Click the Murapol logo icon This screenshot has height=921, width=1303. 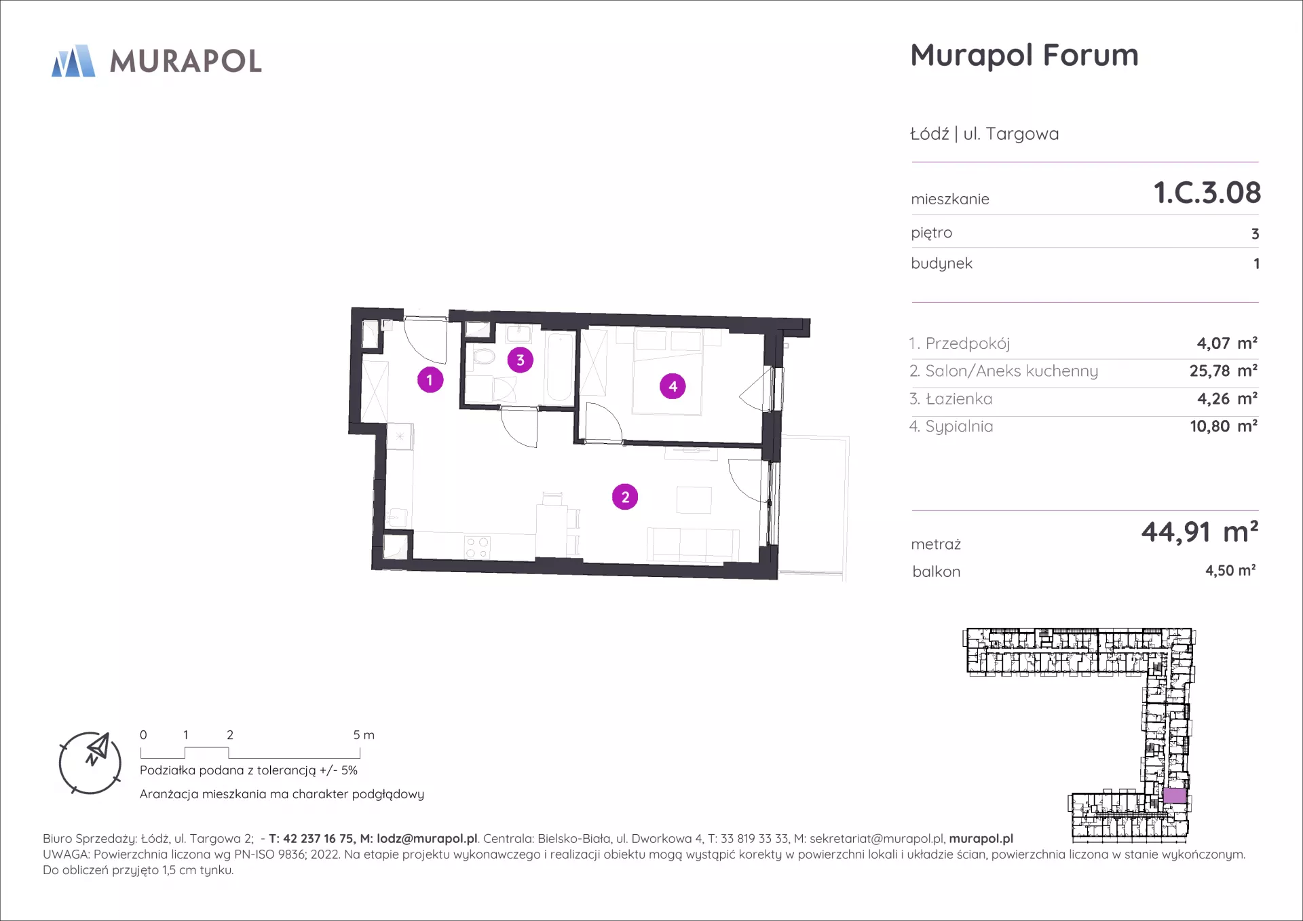(73, 61)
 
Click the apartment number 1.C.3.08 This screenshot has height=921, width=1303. (1207, 193)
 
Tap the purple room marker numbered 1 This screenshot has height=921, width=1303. (430, 380)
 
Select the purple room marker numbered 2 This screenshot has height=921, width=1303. (625, 497)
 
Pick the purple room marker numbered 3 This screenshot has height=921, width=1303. (521, 360)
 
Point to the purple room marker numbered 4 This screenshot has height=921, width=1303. (673, 386)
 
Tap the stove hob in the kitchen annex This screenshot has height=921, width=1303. (477, 548)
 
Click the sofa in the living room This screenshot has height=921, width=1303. (693, 545)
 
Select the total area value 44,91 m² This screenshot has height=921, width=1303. (1200, 532)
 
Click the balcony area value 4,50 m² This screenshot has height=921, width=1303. (1230, 571)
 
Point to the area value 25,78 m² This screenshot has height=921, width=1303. (1224, 371)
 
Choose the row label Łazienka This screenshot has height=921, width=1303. (958, 399)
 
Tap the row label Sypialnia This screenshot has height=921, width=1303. (959, 427)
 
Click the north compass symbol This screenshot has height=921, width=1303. (90, 763)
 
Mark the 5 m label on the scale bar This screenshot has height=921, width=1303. (364, 735)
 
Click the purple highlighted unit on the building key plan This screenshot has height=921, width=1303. (1175, 795)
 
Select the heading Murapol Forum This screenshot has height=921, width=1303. (1024, 55)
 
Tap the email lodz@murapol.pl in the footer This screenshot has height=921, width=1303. (427, 839)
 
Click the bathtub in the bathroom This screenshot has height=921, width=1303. (561, 367)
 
